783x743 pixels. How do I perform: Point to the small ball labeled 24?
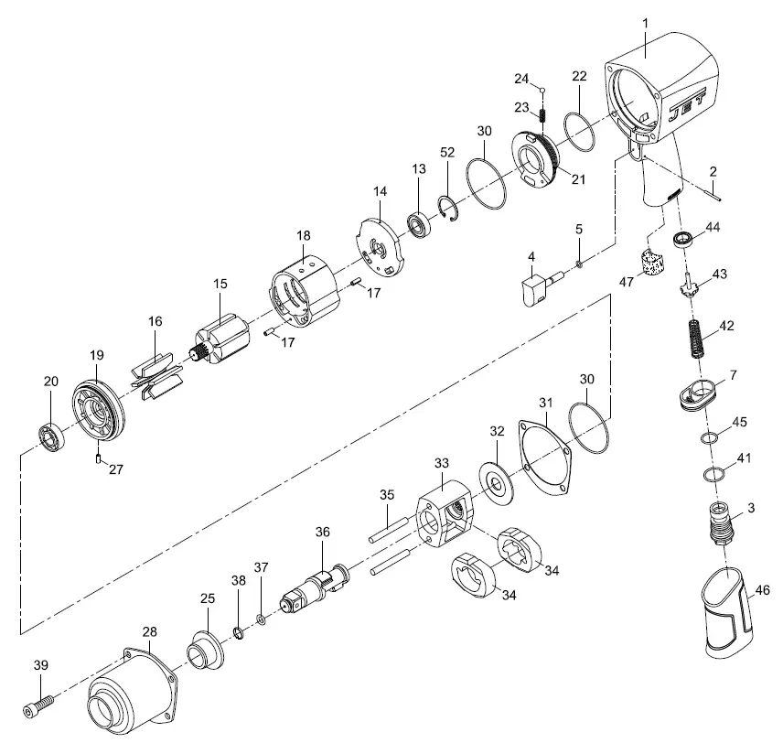pos(542,90)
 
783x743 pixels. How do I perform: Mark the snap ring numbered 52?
pos(447,209)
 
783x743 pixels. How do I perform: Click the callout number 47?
pos(626,282)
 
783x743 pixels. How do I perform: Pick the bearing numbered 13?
pos(421,222)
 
